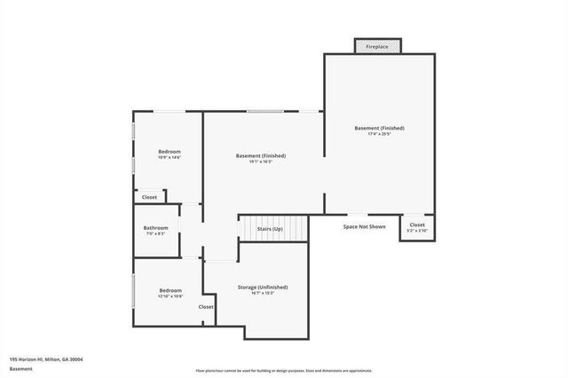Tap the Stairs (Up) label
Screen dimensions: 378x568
tap(271, 229)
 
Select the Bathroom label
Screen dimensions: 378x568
tap(155, 227)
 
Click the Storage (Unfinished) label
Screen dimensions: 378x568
tap(263, 287)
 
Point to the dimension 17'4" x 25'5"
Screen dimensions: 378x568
tap(379, 135)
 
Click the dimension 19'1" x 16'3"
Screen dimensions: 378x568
tap(260, 162)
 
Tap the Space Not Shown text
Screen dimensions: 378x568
tap(365, 226)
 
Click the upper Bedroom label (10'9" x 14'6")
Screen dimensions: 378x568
tap(170, 152)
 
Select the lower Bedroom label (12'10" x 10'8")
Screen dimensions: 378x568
tap(170, 290)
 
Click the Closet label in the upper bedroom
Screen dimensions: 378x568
tap(149, 197)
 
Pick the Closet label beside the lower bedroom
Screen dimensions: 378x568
tap(206, 307)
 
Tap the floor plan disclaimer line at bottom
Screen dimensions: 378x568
tap(284, 371)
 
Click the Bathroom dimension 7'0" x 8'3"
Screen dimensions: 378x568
tap(155, 233)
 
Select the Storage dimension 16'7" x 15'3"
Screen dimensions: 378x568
tap(263, 294)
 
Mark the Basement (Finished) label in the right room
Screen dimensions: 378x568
tap(379, 128)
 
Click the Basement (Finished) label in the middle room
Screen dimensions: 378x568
tap(260, 156)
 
